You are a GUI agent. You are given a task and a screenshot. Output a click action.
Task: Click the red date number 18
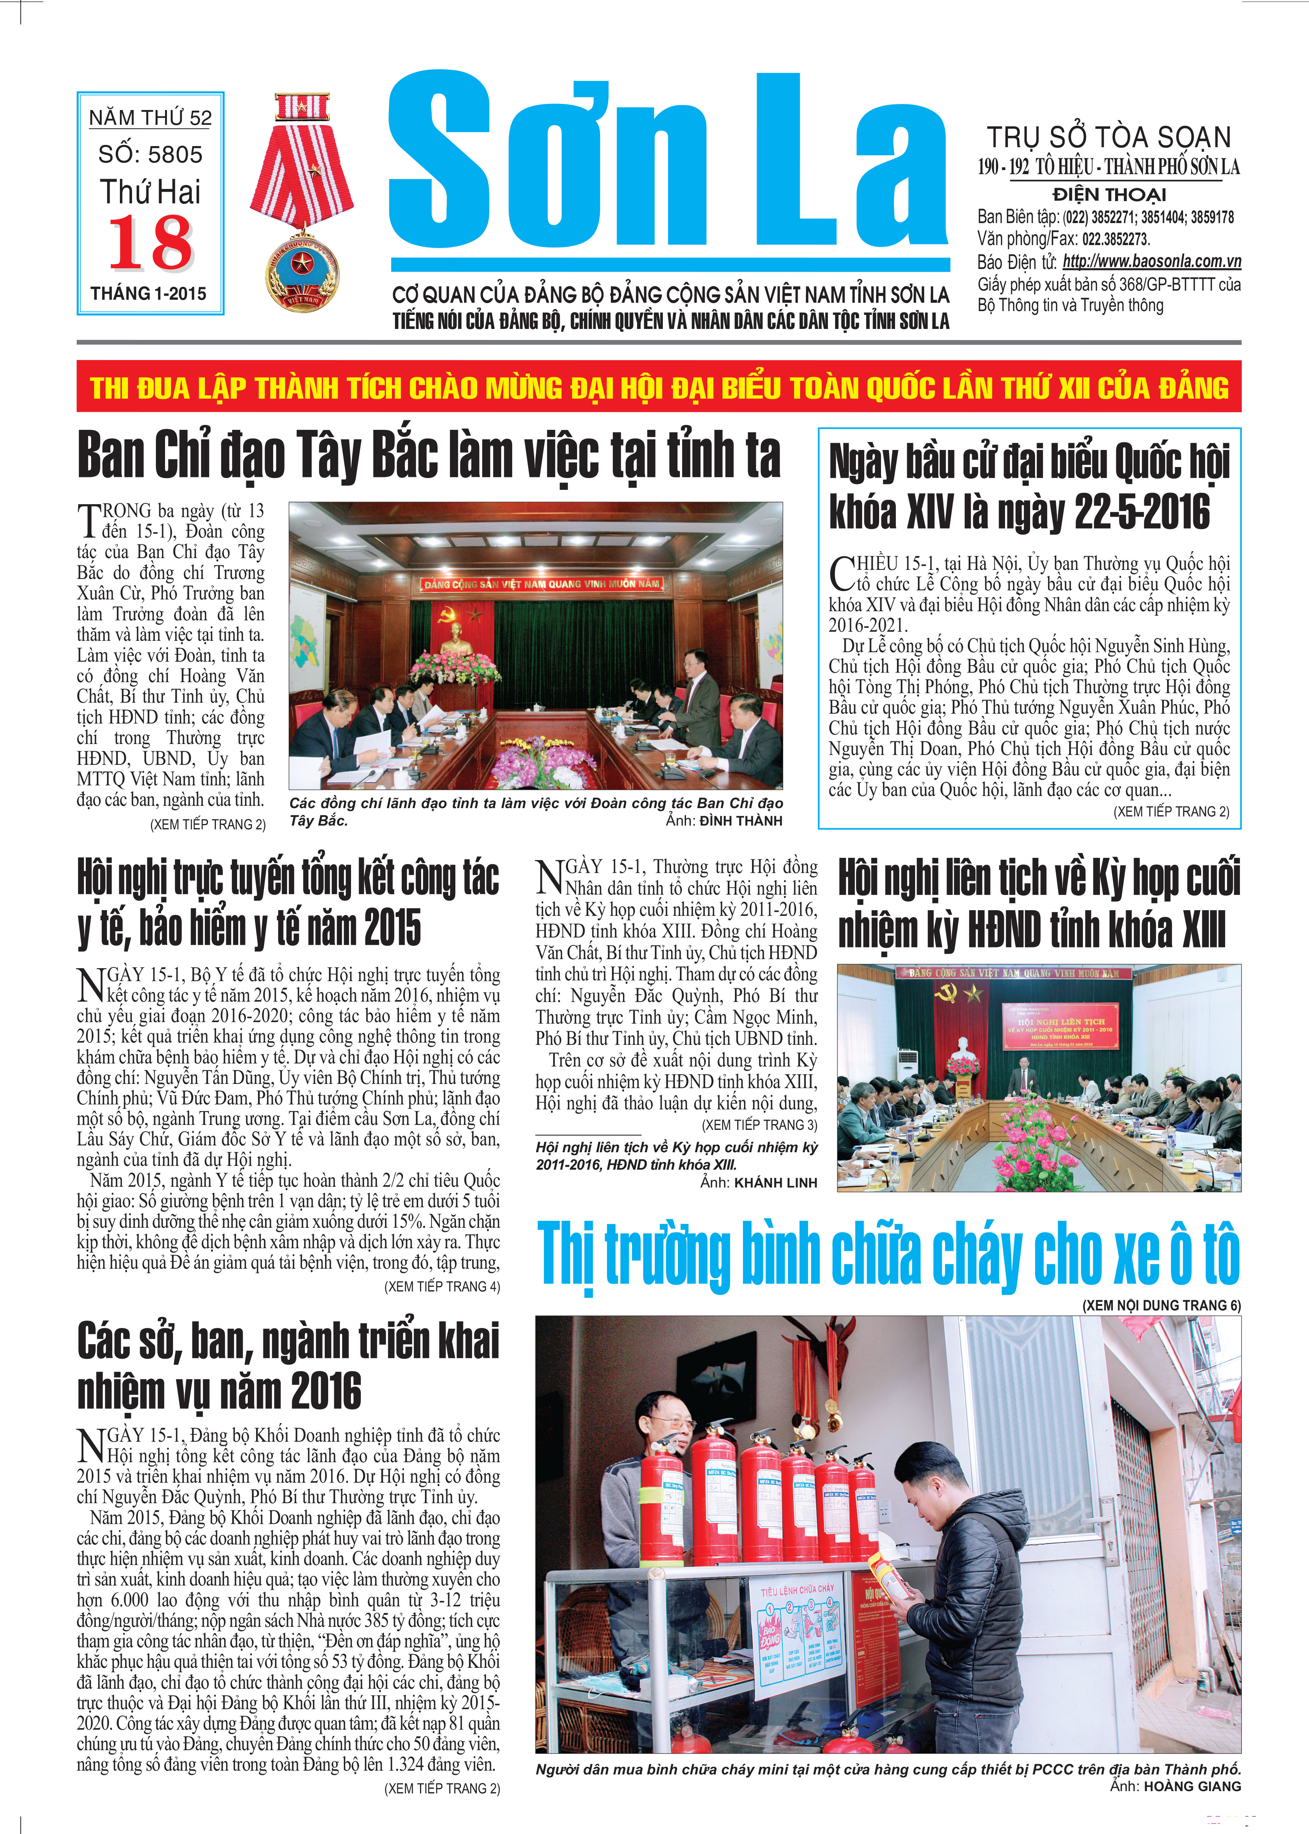tap(151, 243)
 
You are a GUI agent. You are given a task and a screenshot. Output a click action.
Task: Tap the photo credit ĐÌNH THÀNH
tap(741, 821)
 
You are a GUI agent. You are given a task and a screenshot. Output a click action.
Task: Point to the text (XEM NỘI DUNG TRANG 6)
tap(1161, 1306)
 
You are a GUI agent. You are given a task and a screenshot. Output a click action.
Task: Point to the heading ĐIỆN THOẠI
tap(1109, 194)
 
